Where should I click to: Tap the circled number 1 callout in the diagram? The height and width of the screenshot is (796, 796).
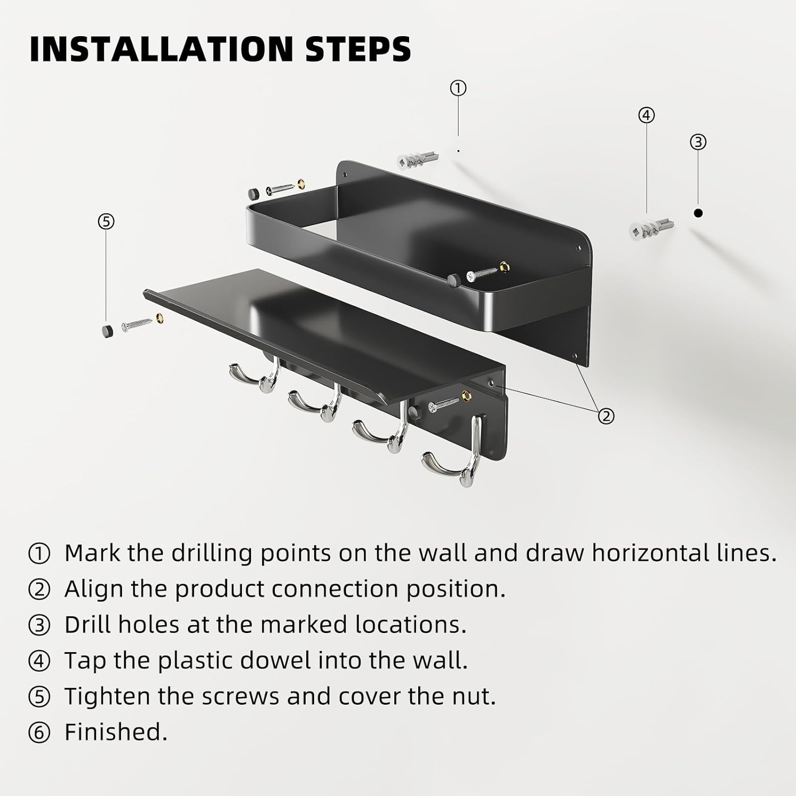(x=458, y=88)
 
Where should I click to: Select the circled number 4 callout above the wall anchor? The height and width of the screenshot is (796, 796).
(x=646, y=115)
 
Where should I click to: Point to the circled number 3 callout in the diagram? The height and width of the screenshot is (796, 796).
(x=698, y=142)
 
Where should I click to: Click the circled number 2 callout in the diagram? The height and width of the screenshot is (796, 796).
(x=606, y=416)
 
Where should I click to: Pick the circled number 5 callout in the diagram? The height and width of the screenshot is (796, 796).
(x=106, y=221)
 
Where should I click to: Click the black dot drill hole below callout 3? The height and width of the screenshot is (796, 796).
(x=698, y=213)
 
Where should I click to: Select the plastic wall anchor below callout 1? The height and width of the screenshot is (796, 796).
(x=419, y=157)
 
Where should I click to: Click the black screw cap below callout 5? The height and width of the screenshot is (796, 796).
(x=108, y=331)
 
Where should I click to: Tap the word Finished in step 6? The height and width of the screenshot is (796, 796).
(x=116, y=732)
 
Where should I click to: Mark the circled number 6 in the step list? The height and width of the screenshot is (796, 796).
(x=39, y=733)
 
